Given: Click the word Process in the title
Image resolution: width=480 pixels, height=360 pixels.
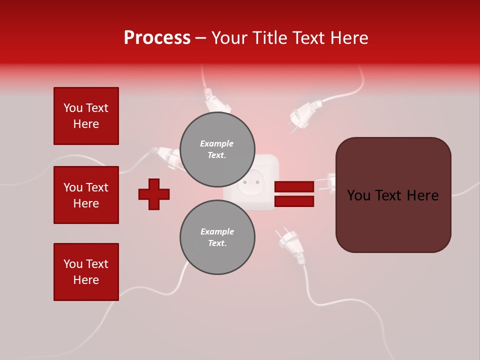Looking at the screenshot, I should tap(157, 38).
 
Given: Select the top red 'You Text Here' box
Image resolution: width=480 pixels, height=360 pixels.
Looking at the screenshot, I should tap(86, 116).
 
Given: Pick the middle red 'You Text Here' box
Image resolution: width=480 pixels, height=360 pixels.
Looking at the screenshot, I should tap(86, 195).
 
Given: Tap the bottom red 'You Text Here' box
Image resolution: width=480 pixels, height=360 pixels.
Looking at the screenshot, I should tap(86, 272).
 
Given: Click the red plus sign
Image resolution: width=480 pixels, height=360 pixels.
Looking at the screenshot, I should tap(154, 194).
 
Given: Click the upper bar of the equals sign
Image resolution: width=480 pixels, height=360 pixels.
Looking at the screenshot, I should tap(294, 186).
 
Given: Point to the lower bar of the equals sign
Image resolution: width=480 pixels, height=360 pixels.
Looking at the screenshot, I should tap(294, 201).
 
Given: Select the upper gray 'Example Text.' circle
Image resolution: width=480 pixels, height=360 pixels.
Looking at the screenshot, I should tap(217, 149).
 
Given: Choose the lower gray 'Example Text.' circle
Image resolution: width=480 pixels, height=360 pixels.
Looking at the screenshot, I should tap(217, 237).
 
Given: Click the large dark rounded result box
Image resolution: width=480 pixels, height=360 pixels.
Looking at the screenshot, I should tap(393, 195).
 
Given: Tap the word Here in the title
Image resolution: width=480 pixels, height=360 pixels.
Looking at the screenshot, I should tap(349, 38).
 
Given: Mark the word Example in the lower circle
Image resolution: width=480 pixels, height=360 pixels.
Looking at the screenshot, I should tap(217, 231).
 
